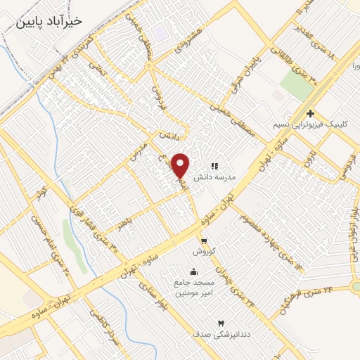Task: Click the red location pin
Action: pos(181,166)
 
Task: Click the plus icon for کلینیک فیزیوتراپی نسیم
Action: pos(309,113)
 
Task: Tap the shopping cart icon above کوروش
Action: pos(203,240)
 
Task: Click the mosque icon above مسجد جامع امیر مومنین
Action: pos(193,271)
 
